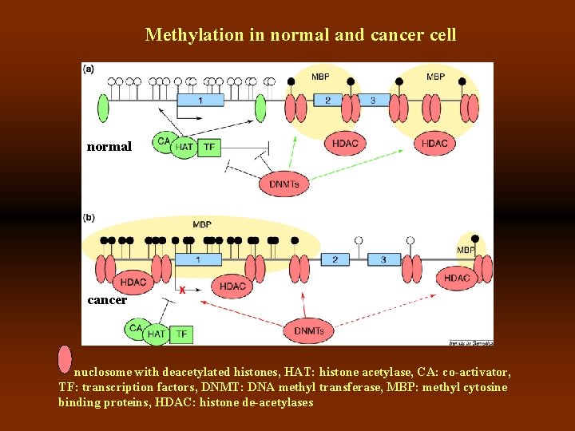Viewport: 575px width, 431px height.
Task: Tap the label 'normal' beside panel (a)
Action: [109, 147]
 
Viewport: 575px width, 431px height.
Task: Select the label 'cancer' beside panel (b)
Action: [107, 300]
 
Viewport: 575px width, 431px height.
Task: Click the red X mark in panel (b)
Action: [183, 291]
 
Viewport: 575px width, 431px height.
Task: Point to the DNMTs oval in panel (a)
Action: [284, 184]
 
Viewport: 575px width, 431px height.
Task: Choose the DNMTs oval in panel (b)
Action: [308, 330]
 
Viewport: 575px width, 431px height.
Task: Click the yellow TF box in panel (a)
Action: [208, 147]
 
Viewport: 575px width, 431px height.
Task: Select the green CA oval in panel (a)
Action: [165, 141]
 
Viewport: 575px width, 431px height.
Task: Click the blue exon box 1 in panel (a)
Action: [200, 101]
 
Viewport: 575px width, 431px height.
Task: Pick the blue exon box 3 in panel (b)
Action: [383, 259]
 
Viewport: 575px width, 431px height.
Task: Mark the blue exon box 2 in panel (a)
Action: [327, 101]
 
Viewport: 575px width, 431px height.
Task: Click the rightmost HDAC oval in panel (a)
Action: [434, 144]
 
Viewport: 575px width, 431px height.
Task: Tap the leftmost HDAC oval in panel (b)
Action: [133, 282]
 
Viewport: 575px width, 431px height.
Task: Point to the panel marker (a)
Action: [89, 69]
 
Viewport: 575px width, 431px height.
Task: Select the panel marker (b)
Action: [89, 217]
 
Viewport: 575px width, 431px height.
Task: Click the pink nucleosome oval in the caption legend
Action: [65, 359]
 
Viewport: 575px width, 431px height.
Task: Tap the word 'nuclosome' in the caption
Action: [101, 373]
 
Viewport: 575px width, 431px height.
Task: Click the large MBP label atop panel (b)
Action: [202, 224]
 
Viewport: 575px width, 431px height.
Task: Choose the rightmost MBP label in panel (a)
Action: [435, 77]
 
